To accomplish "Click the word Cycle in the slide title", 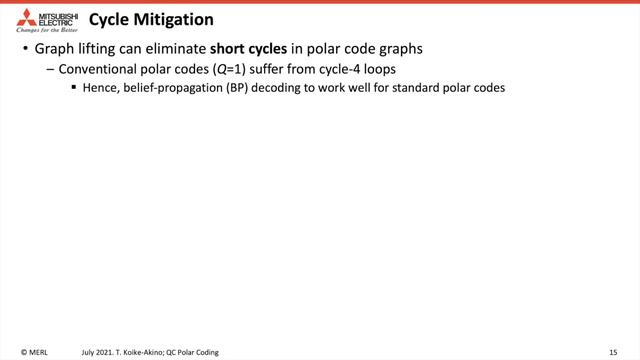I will (x=109, y=19).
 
